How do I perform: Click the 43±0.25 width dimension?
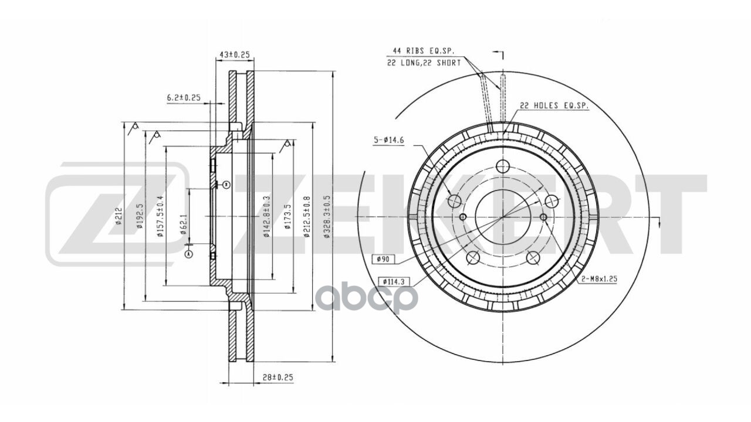click(x=234, y=55)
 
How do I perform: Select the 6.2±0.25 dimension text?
click(x=183, y=97)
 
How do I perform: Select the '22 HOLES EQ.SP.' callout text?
click(x=553, y=106)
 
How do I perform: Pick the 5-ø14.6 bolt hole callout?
click(x=388, y=140)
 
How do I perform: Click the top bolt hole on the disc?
click(x=502, y=166)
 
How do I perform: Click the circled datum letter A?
click(x=188, y=254)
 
